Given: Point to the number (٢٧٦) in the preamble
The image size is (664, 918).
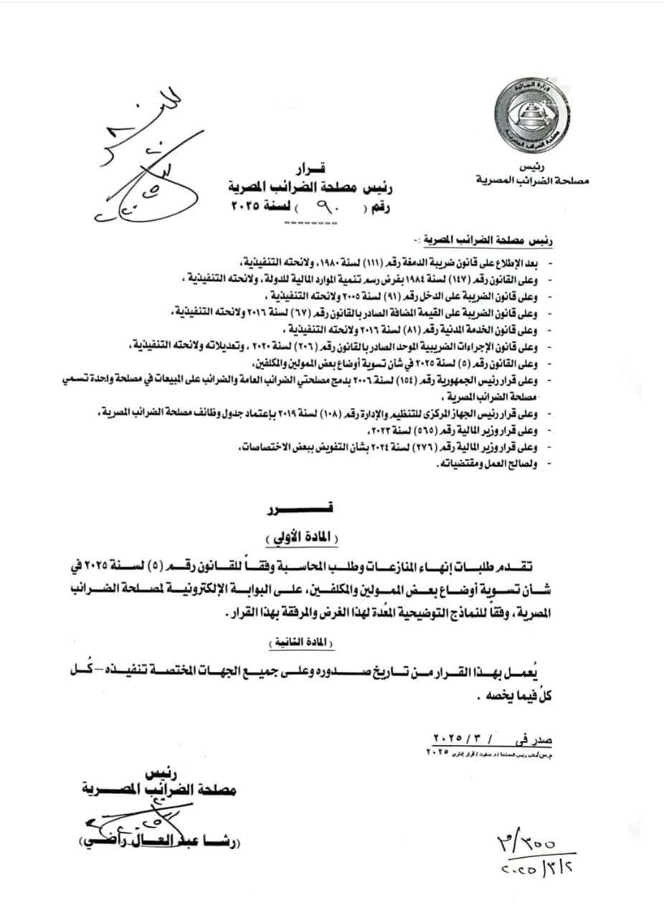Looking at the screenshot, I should pos(419,450).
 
